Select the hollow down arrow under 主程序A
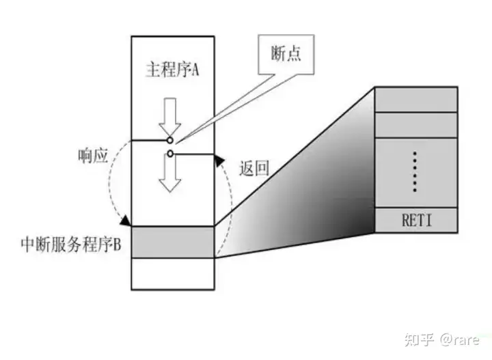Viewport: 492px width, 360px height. click(169, 117)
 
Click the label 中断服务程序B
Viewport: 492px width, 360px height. click(72, 244)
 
